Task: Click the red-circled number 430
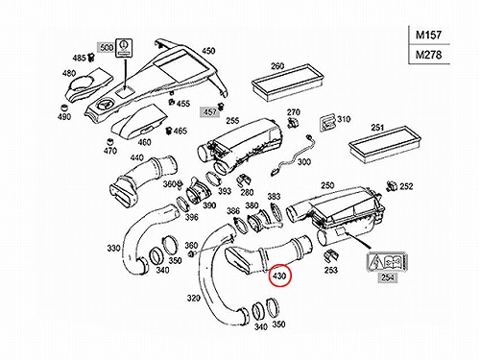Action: (279, 276)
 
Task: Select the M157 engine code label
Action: (428, 35)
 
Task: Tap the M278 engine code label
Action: (428, 55)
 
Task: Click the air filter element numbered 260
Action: (287, 82)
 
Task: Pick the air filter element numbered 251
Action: (384, 145)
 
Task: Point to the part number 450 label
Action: (208, 51)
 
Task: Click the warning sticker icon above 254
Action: (387, 263)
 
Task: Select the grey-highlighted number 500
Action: (107, 48)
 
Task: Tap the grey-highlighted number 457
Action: (209, 112)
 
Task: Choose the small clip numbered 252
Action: (393, 185)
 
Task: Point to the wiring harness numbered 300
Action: (291, 155)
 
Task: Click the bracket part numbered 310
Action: (327, 123)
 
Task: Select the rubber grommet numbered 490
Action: (65, 108)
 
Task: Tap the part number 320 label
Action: (193, 299)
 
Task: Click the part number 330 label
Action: (113, 248)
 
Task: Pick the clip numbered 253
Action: (331, 256)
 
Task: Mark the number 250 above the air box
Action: (327, 185)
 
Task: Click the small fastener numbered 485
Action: (91, 58)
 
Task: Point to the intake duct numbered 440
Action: (143, 178)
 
